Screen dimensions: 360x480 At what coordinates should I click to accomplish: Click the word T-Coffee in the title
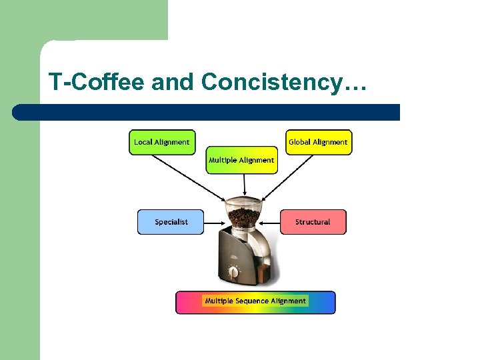click(97, 82)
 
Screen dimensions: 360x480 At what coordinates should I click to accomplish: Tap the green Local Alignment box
click(162, 142)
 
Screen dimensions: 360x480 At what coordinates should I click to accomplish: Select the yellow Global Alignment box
click(318, 142)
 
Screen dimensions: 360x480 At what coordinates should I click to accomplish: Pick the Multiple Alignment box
click(241, 160)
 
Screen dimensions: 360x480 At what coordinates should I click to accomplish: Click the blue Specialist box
click(171, 222)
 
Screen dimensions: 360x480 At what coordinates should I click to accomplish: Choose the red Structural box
click(313, 222)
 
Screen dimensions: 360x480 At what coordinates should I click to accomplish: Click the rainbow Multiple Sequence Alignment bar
click(255, 302)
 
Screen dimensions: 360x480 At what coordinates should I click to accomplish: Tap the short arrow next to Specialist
click(213, 222)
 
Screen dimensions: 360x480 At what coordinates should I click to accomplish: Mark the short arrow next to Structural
click(271, 222)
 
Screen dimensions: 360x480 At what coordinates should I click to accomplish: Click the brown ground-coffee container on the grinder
click(261, 273)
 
